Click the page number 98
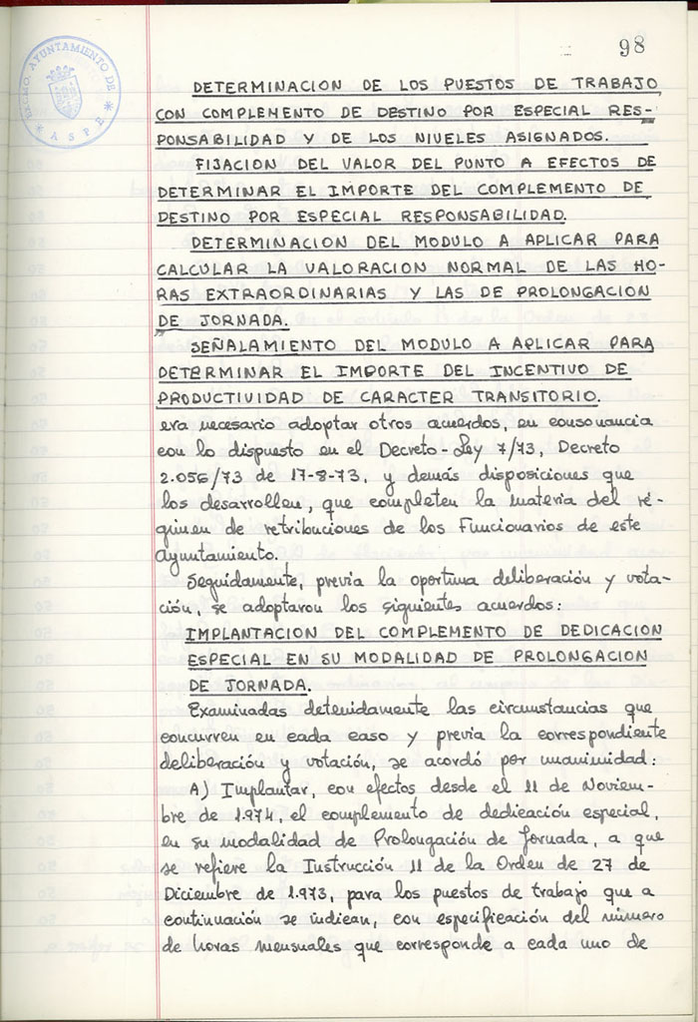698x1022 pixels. point(631,46)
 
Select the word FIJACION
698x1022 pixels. point(237,163)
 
